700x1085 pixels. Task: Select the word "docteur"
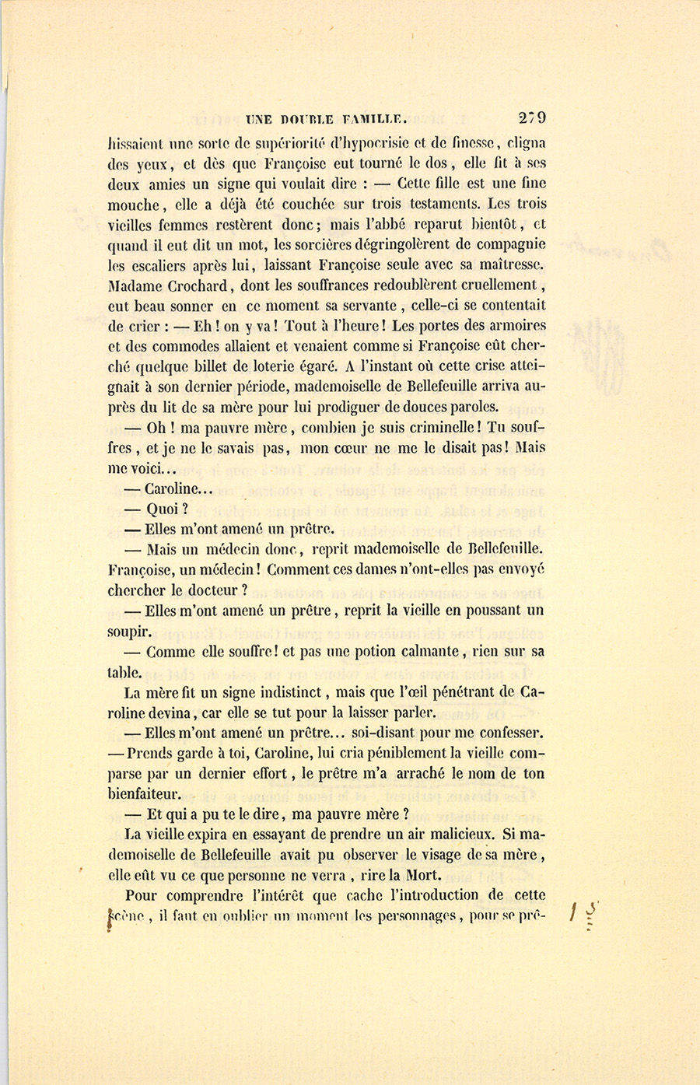(x=218, y=590)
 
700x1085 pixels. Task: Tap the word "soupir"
(x=129, y=631)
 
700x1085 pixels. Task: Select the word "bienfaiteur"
(x=144, y=794)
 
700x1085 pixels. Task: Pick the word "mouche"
(x=133, y=205)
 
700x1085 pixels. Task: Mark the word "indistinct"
(x=288, y=692)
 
